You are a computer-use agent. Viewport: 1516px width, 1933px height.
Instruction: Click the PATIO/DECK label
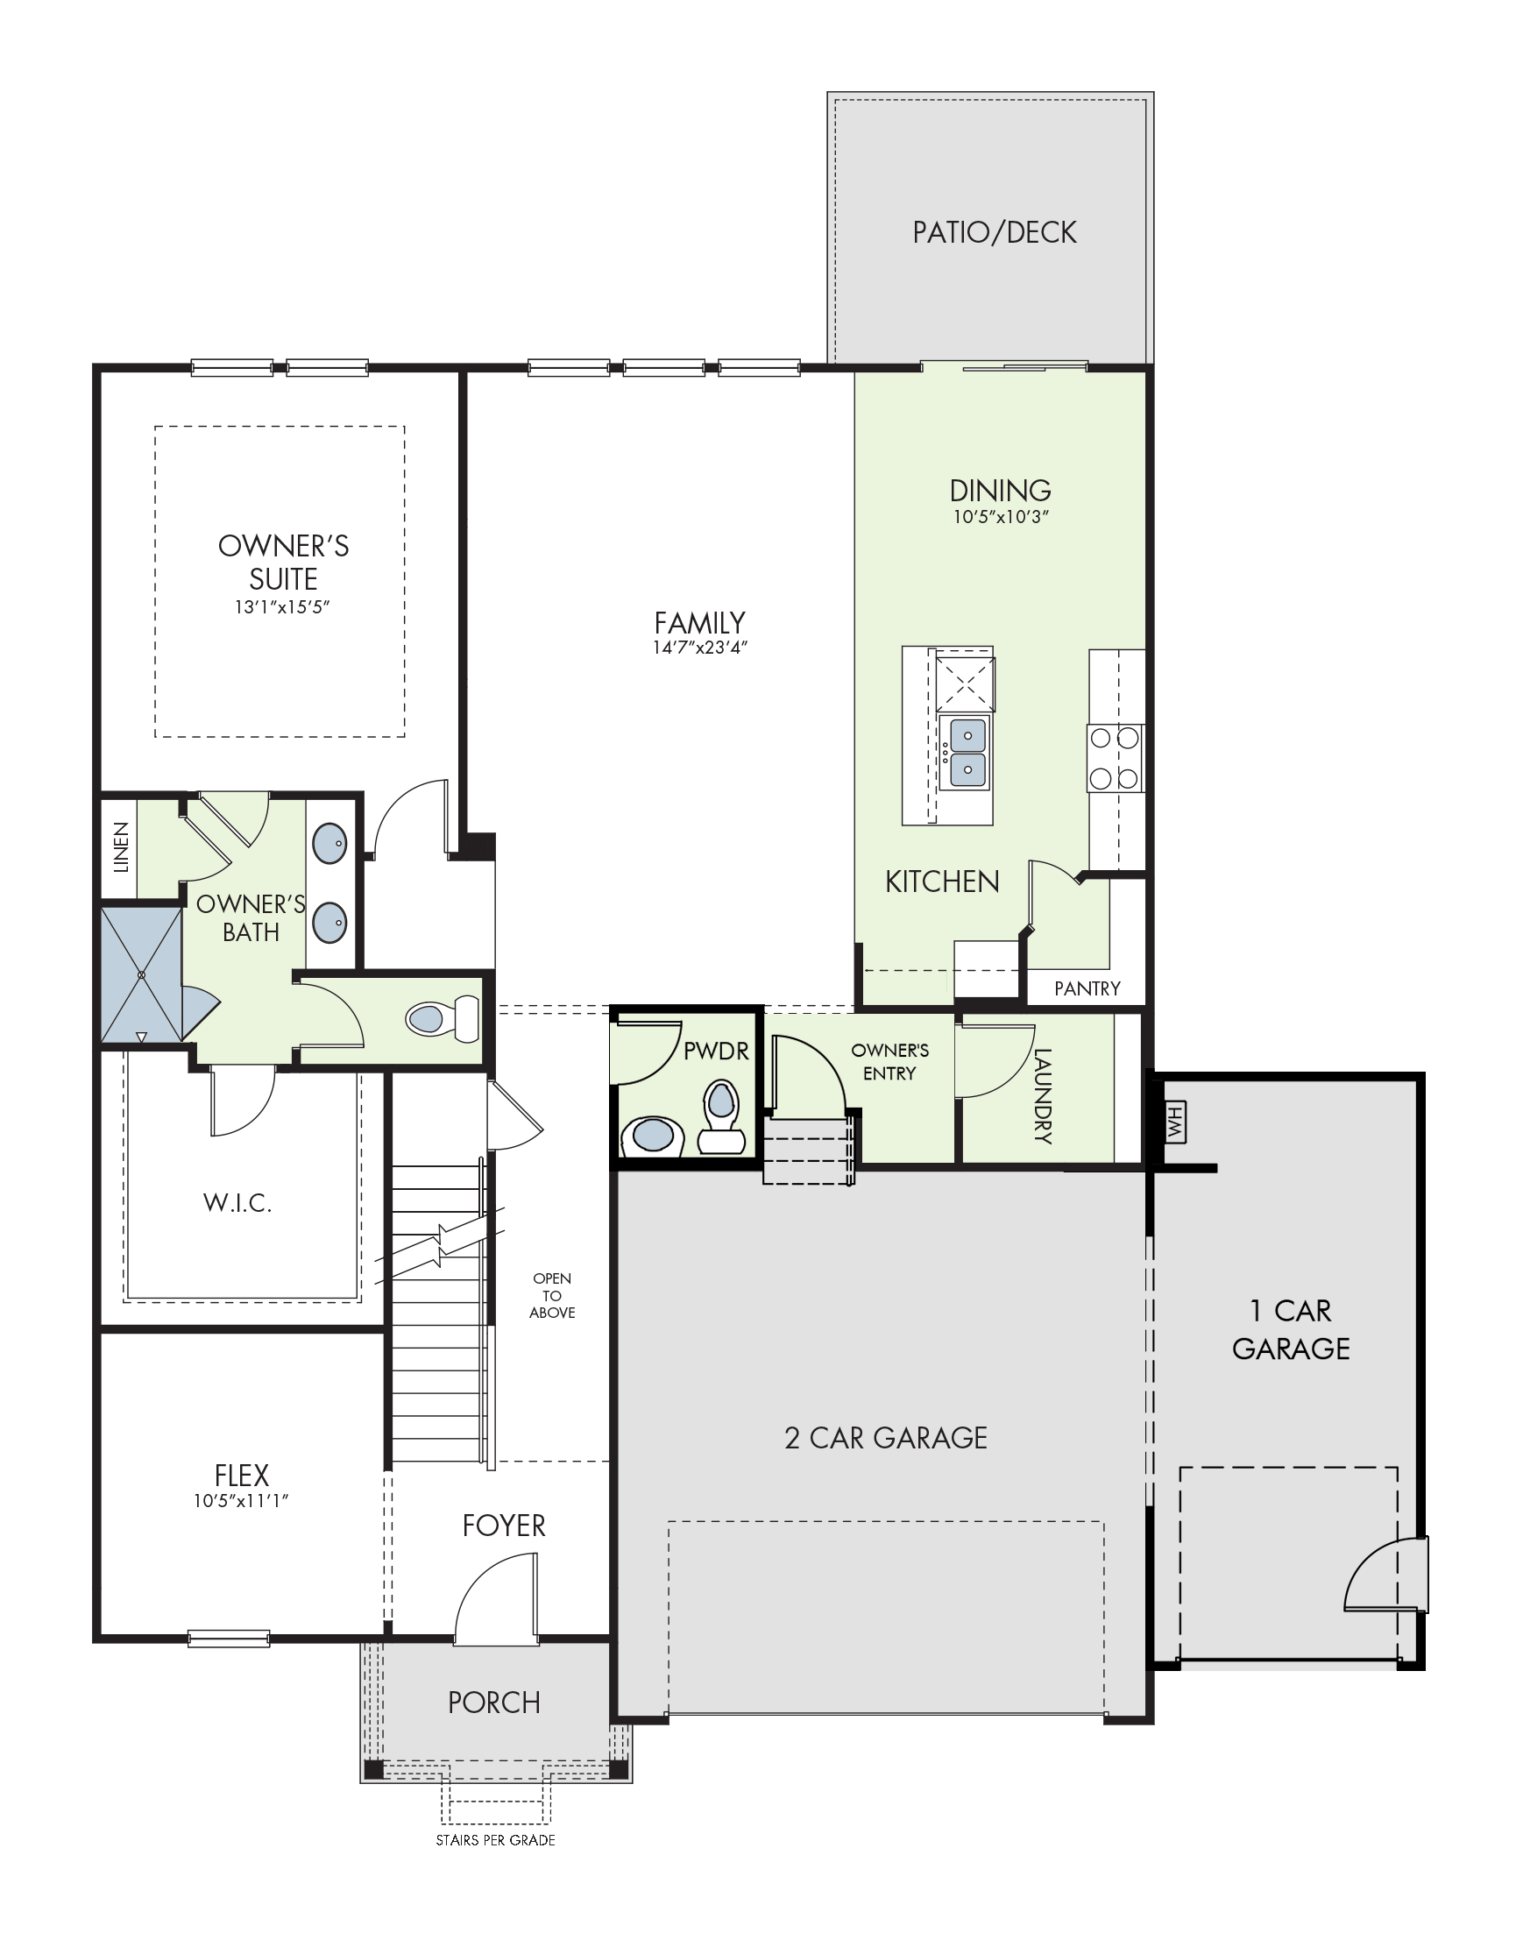tap(994, 232)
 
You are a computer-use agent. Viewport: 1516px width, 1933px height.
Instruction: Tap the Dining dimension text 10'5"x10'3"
tap(1001, 516)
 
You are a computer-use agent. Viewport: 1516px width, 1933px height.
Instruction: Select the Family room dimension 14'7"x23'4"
tap(699, 647)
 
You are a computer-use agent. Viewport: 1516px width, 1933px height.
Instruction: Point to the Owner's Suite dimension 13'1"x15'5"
tap(282, 607)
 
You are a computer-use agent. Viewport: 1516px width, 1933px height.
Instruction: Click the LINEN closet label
tap(122, 846)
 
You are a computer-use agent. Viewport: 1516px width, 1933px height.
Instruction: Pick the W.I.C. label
tap(237, 1203)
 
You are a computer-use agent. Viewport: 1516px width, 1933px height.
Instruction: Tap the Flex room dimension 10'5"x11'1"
tap(242, 1501)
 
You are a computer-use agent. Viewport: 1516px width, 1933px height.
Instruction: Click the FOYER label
tap(503, 1526)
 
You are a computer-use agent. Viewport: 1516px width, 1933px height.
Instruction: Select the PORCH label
tap(493, 1703)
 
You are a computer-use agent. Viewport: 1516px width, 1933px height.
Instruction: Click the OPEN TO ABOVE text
tap(552, 1296)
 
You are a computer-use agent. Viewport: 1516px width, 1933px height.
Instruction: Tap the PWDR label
tap(715, 1051)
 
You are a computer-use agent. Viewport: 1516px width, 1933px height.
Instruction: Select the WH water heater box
tap(1174, 1123)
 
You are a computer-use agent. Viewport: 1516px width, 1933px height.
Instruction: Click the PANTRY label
tap(1087, 988)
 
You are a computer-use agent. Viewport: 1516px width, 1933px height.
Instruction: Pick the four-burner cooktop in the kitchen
tap(1115, 758)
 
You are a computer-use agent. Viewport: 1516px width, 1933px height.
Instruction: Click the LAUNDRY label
tap(1043, 1096)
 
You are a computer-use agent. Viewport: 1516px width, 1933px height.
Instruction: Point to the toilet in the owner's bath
tap(442, 1019)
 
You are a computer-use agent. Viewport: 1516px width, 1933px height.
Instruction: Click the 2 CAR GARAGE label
tap(886, 1439)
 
